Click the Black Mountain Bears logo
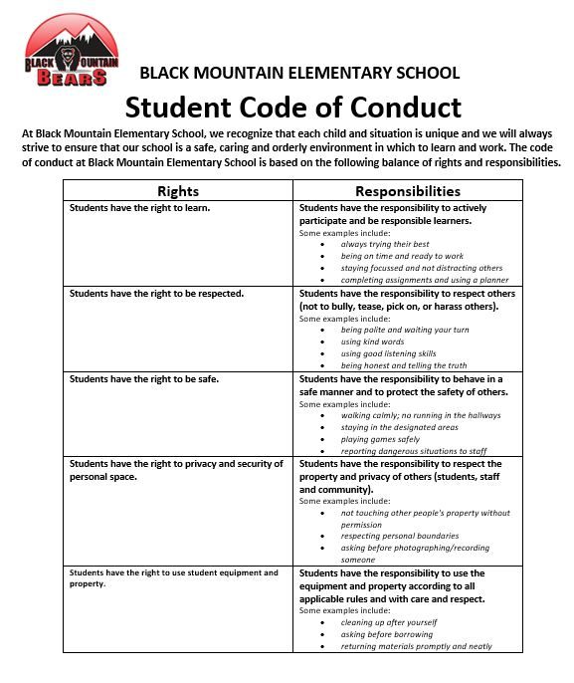(x=72, y=53)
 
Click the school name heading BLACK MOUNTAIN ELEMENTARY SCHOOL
(x=299, y=73)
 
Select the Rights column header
(x=178, y=190)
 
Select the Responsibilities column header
(x=408, y=190)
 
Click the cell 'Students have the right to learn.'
(x=138, y=208)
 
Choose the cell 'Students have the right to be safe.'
(x=142, y=379)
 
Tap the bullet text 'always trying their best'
(x=385, y=244)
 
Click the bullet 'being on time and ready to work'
(x=402, y=256)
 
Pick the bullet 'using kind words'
(x=372, y=341)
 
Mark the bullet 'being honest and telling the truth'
(x=404, y=365)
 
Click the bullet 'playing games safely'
(x=380, y=439)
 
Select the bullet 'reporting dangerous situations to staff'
(x=414, y=451)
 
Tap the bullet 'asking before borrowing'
(x=387, y=634)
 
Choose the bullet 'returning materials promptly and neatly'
(x=416, y=646)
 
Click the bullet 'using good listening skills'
(x=388, y=353)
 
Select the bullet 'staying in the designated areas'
(x=399, y=427)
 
